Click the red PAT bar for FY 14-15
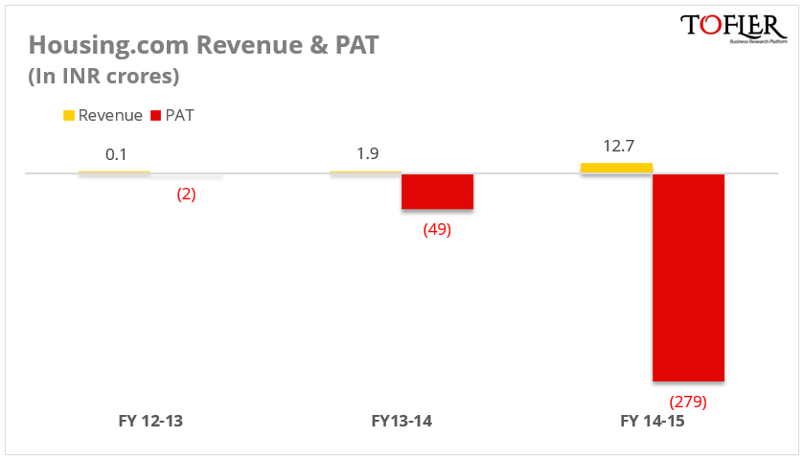tap(688, 278)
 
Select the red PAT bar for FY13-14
tap(437, 192)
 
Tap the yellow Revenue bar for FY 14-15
tap(616, 168)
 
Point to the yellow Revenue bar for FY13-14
tap(365, 172)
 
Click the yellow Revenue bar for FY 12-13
tap(114, 172)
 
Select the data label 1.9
tap(365, 153)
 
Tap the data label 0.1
tap(114, 153)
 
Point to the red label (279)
tap(688, 402)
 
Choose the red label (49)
tap(437, 230)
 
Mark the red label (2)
tap(186, 195)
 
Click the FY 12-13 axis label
tap(150, 421)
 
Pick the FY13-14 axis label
tap(402, 421)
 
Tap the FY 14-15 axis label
tap(653, 421)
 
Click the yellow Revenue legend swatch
tap(69, 116)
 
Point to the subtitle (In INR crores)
tap(103, 76)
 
